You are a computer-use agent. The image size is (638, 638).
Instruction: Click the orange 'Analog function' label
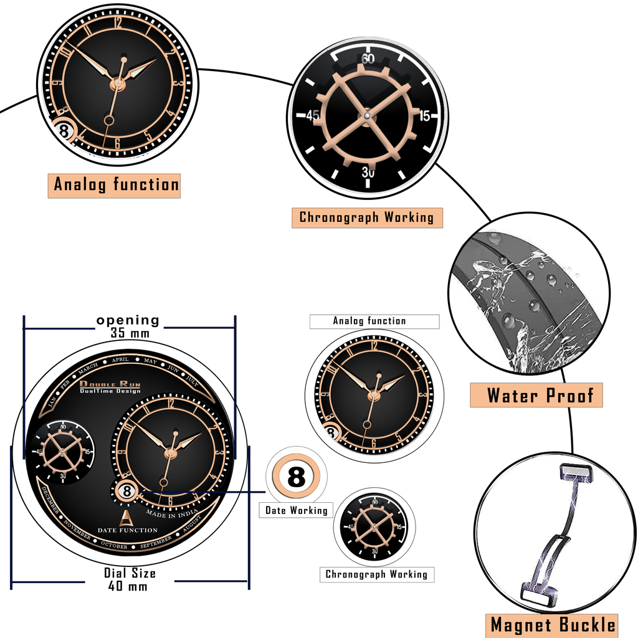[x=115, y=185]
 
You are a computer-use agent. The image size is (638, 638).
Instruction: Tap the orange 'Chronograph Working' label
[x=367, y=217]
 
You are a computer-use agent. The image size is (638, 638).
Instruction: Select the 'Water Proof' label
[x=536, y=395]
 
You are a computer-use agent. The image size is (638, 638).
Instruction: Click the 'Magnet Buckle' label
[x=553, y=625]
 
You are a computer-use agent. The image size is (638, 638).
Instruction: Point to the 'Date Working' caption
[x=296, y=510]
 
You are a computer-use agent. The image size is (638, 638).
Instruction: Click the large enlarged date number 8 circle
[x=297, y=478]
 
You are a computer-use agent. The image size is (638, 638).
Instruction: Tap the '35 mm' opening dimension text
[x=130, y=333]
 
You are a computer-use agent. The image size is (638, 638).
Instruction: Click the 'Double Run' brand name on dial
[x=110, y=384]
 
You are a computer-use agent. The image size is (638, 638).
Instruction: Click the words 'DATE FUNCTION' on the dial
[x=127, y=530]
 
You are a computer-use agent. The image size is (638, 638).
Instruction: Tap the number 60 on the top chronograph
[x=368, y=59]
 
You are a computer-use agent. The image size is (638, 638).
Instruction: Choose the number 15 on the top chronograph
[x=424, y=116]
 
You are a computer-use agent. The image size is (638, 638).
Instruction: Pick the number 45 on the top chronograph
[x=313, y=116]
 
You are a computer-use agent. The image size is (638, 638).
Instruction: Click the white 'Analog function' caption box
[x=374, y=321]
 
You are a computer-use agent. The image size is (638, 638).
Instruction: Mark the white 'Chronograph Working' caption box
[x=377, y=574]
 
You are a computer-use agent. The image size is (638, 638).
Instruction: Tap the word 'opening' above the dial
[x=128, y=320]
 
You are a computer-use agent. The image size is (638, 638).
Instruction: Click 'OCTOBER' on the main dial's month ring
[x=114, y=546]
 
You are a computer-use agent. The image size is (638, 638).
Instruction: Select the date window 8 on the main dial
[x=126, y=491]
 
